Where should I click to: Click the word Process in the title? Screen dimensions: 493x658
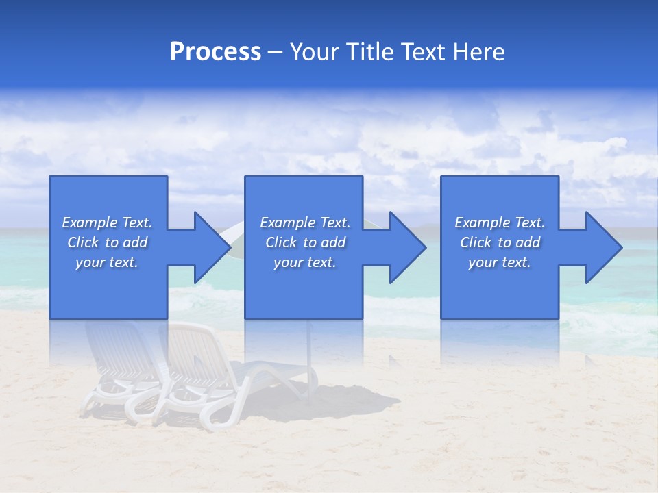215,52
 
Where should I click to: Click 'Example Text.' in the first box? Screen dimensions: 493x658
107,223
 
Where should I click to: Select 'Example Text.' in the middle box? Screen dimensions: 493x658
305,223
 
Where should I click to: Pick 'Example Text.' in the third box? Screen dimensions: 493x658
500,223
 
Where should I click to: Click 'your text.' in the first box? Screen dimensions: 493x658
107,262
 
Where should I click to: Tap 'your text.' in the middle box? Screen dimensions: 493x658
305,262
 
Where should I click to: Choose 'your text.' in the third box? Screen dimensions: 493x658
500,262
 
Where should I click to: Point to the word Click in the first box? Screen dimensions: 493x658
83,242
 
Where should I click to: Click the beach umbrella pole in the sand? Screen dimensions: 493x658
309,363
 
